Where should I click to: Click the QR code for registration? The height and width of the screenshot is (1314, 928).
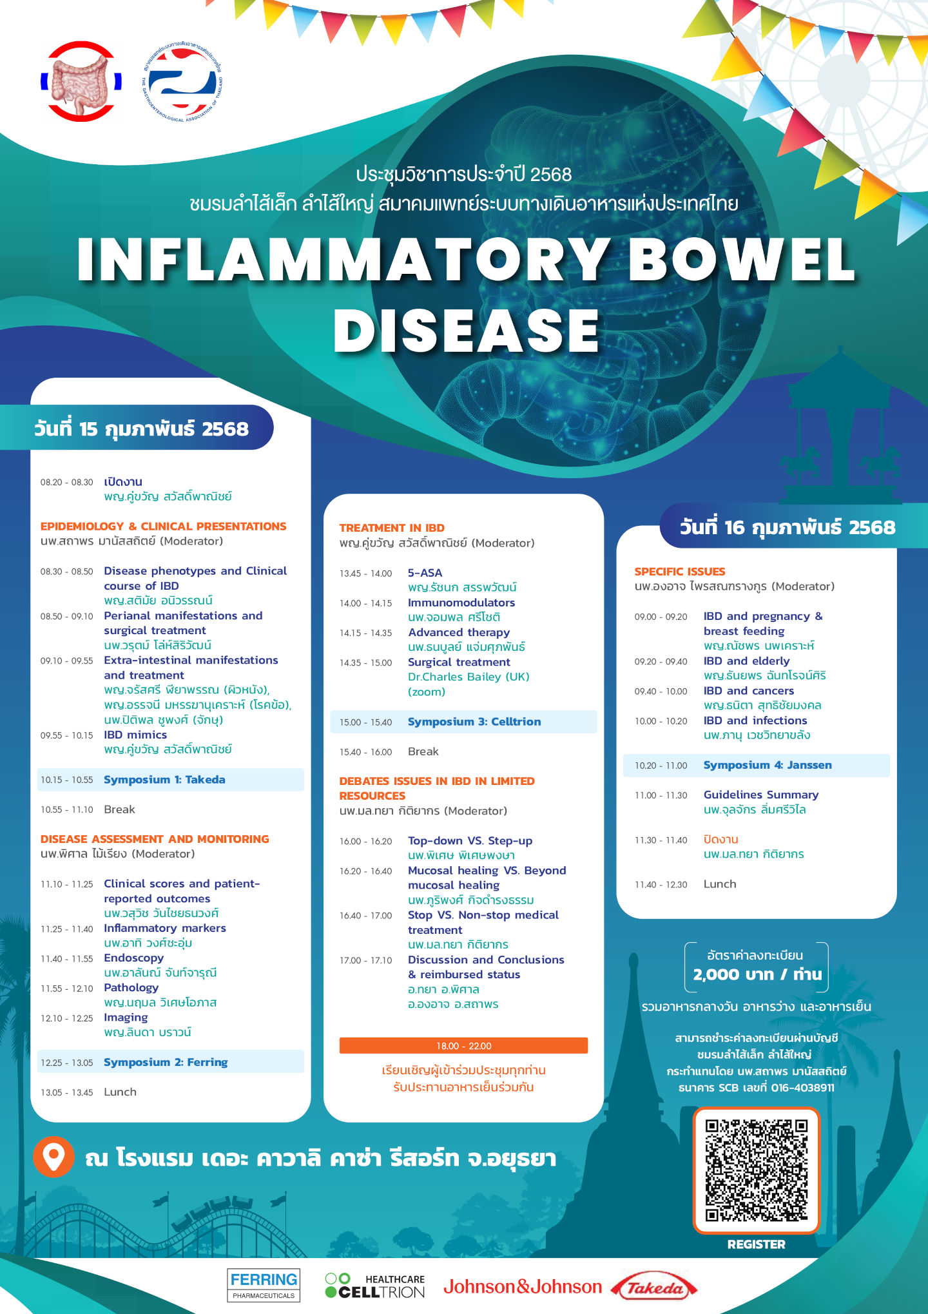tap(756, 1170)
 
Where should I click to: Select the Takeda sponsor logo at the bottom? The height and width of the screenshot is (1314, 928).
tap(654, 1288)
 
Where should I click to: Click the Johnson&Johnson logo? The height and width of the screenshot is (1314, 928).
tap(523, 1287)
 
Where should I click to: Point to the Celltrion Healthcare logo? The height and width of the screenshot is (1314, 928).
tap(375, 1286)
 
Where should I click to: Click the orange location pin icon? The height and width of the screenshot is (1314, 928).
tap(53, 1157)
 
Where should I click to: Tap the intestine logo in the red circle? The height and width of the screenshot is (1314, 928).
tap(81, 81)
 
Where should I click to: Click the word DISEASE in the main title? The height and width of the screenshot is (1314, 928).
tap(467, 330)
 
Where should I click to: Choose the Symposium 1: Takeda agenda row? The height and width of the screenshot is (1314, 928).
tap(171, 780)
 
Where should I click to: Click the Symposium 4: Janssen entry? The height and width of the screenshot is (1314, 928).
tap(757, 765)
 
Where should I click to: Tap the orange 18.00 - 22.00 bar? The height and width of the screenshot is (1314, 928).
tap(463, 1045)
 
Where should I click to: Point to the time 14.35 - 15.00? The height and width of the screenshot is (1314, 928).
tap(365, 662)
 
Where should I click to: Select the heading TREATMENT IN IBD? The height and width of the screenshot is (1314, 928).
tap(392, 528)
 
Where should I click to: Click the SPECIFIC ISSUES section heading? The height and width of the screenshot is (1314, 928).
tap(680, 572)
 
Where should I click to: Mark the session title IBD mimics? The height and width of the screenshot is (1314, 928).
tap(135, 735)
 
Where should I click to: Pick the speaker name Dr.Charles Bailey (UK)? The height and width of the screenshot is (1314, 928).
tap(469, 677)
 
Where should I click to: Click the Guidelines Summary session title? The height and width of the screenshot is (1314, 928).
tap(761, 795)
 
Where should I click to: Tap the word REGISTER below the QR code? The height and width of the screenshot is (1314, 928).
tap(757, 1244)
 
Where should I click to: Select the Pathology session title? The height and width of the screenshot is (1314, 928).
tap(131, 987)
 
